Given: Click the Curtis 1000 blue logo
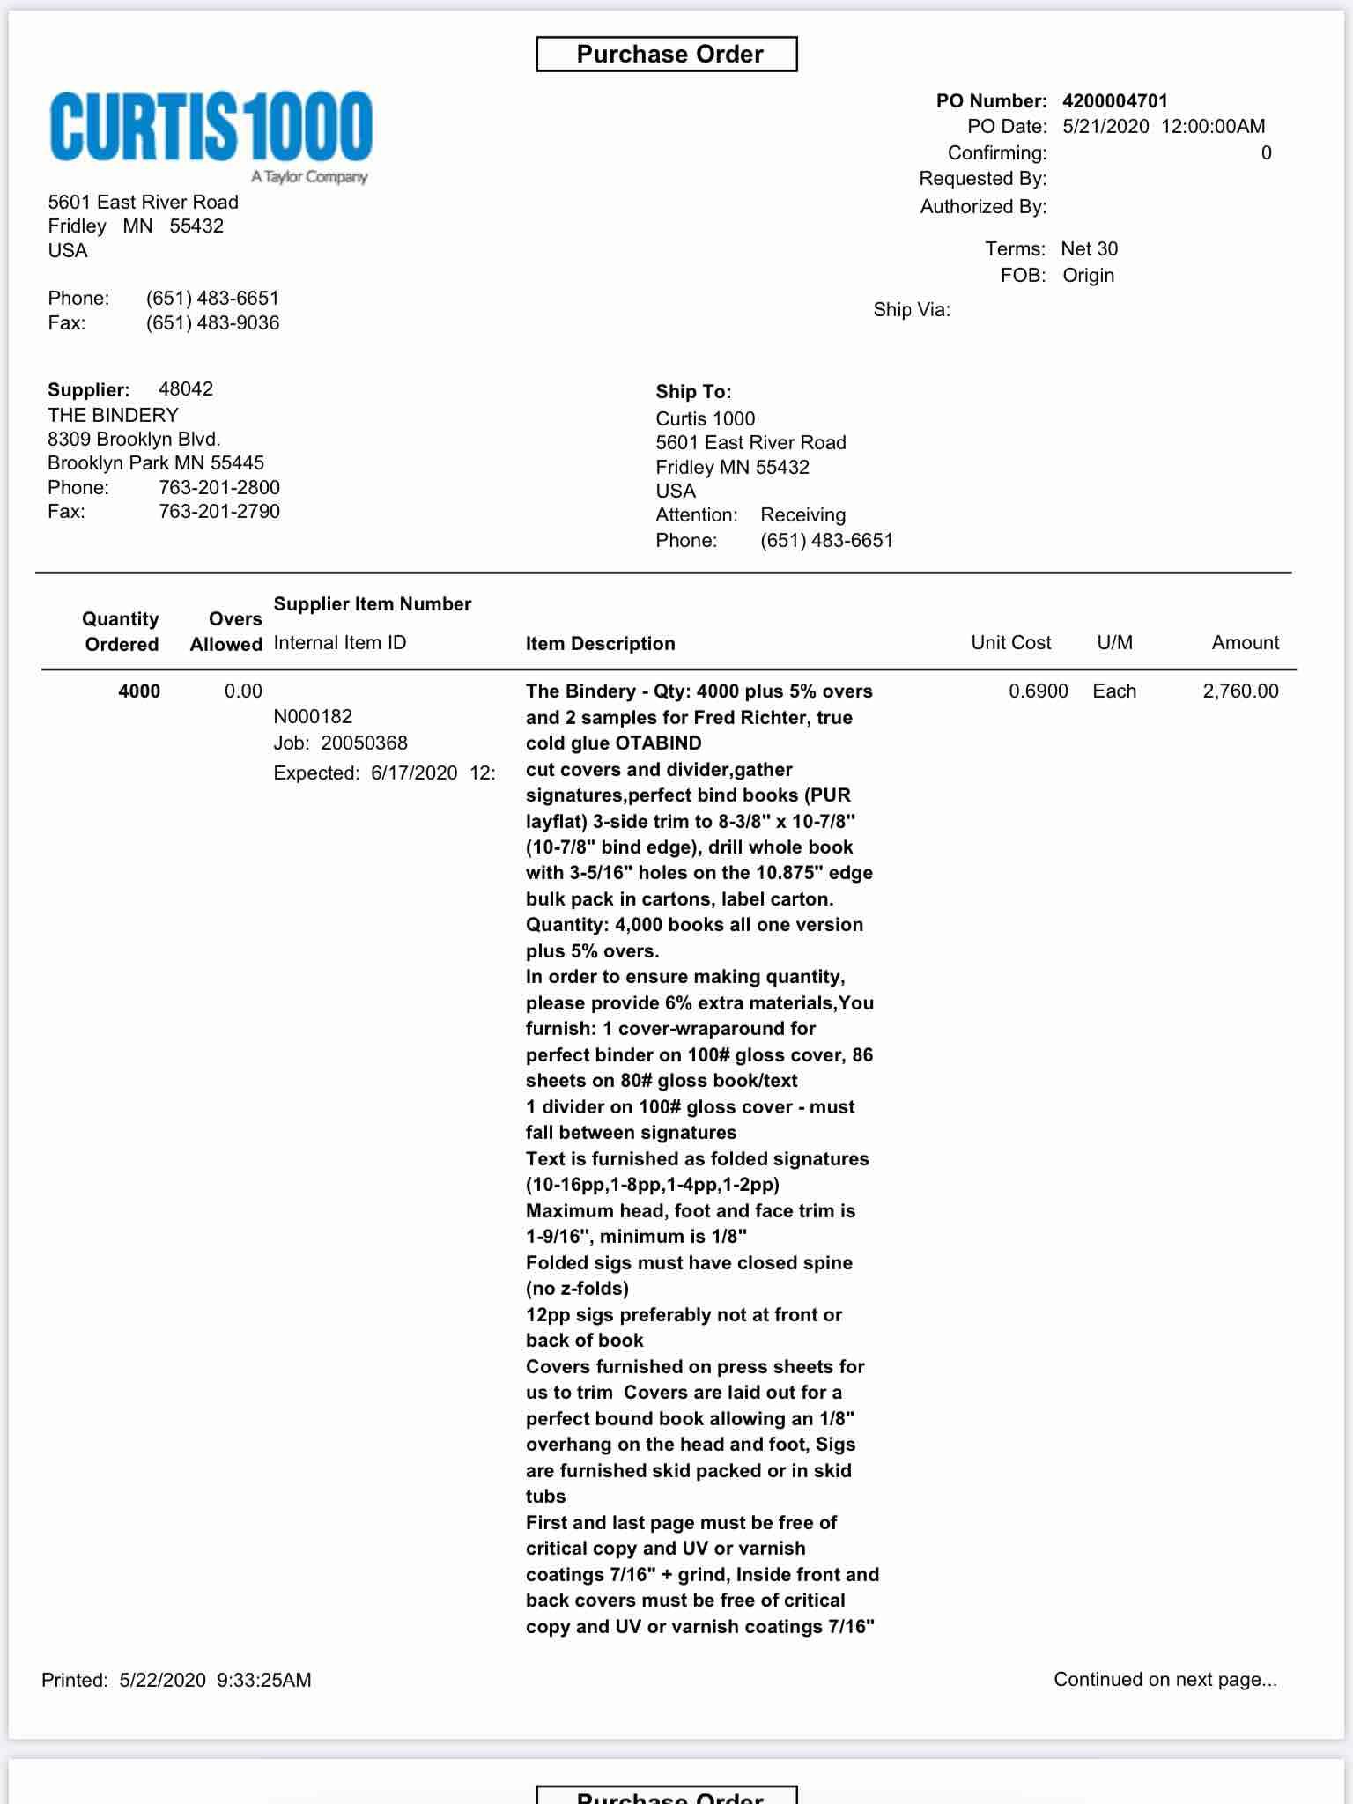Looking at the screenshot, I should (211, 128).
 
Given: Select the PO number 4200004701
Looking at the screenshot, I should (1114, 101).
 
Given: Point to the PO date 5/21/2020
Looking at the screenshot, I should (1105, 127).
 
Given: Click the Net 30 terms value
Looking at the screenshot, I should (1089, 249).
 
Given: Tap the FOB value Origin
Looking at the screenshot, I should (1088, 276).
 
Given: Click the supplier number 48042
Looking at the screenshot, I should (185, 389).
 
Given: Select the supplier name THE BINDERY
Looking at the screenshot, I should (113, 415).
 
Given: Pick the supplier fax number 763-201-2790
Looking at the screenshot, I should (219, 512).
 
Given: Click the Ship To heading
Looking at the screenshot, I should (693, 392).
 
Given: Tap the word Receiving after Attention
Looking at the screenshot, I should (802, 515).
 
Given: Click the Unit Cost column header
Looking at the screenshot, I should (1010, 643).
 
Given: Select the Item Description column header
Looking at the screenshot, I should (600, 644).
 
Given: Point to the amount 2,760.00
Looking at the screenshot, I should (1240, 691).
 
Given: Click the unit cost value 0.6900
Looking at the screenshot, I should (1038, 691).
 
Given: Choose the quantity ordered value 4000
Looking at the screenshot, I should (139, 691).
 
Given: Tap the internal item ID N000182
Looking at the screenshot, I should (313, 717).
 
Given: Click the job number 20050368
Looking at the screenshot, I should (364, 743).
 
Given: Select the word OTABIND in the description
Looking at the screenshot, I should (658, 743).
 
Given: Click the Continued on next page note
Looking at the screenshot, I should (1164, 1680).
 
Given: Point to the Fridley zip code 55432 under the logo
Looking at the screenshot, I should (196, 226).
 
